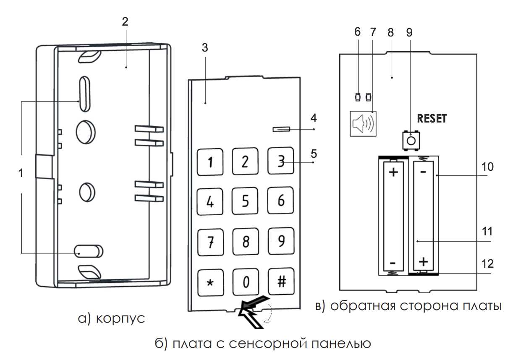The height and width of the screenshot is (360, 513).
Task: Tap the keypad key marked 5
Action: coord(245,201)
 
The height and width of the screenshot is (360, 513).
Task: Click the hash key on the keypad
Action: coord(281,281)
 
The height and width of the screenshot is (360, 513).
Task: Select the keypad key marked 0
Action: coord(246,282)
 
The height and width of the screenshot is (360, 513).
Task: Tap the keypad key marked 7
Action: coord(210,242)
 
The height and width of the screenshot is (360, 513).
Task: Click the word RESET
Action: coord(432,119)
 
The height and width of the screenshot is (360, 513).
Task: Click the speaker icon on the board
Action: coord(363,124)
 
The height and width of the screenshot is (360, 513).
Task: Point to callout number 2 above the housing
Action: coord(125,21)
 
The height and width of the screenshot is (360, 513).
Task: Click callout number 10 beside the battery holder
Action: coord(487,167)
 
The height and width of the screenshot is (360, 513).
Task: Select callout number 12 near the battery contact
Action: coord(487,264)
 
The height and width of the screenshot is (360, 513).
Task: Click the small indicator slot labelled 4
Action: coord(281,129)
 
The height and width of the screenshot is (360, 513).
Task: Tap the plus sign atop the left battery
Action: coord(393,172)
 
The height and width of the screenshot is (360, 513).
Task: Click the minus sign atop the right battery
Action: coord(423,172)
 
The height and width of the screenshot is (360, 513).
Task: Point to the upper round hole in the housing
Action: coord(86,132)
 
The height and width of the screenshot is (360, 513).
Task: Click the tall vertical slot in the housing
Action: coord(85,94)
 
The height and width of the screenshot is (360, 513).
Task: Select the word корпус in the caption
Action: coord(120,318)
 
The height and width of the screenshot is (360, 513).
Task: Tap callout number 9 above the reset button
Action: coord(409,32)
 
